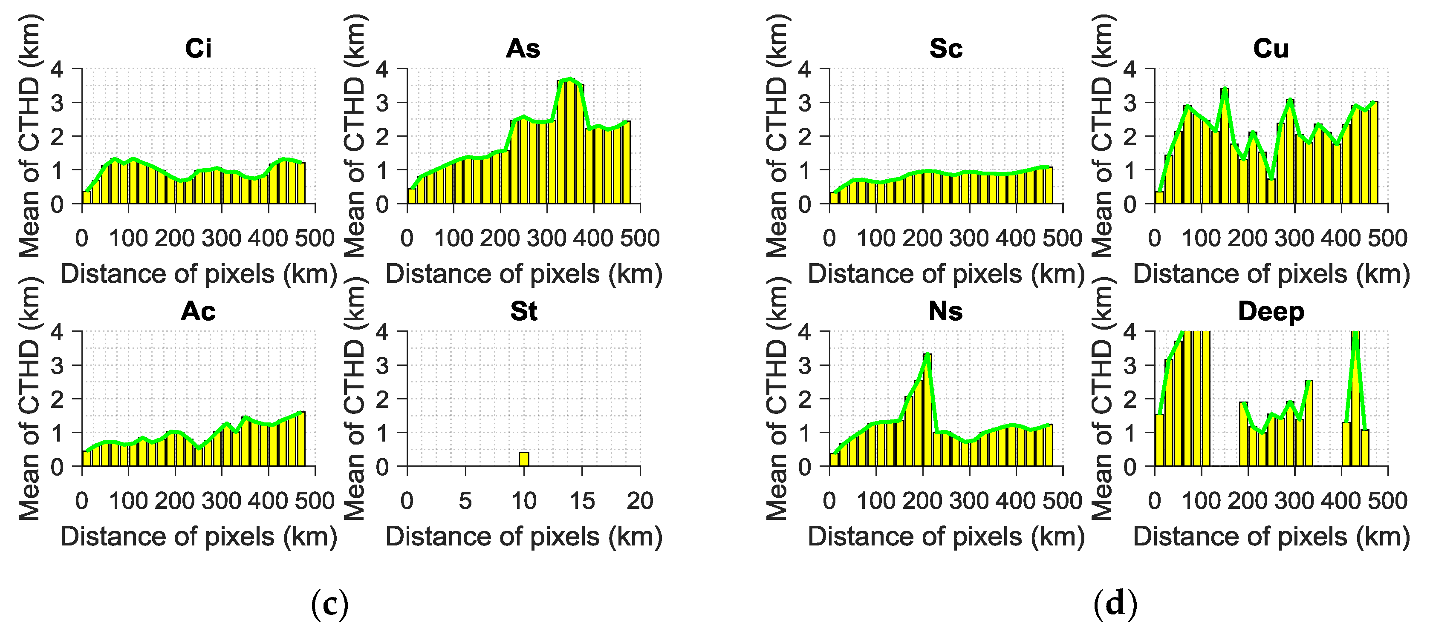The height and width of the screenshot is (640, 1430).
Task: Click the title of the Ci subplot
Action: pos(198,49)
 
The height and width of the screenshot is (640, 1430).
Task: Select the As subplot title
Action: pos(523,49)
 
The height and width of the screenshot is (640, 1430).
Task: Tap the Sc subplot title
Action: pos(946,49)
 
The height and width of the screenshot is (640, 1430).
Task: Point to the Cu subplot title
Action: pos(1271,49)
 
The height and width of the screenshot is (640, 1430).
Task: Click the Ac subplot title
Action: pos(198,312)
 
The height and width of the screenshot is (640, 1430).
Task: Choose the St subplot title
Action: pos(523,312)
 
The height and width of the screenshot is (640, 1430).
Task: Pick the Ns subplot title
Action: pos(945,312)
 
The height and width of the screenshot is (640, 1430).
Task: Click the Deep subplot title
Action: pos(1271,312)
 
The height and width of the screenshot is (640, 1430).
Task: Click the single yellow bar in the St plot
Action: pos(523,459)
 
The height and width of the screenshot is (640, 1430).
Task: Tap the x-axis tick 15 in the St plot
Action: pos(582,501)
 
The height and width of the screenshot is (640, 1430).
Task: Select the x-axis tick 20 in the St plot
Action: pos(640,501)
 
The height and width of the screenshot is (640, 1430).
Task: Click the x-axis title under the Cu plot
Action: pos(1271,274)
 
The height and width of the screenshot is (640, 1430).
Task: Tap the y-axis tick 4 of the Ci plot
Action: pos(57,69)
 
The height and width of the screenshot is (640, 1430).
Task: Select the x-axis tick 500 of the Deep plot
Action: pos(1387,501)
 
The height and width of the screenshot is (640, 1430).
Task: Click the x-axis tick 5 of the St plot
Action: pos(465,501)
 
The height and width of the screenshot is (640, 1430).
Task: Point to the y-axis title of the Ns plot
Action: pos(777,399)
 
